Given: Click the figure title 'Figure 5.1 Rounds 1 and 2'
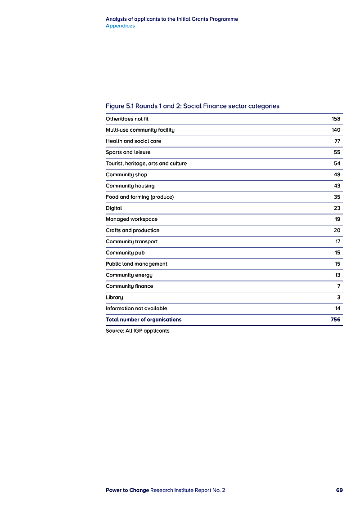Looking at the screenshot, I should [192, 106].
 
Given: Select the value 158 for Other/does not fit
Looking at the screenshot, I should [336, 119].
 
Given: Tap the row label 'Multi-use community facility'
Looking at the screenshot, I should [140, 130].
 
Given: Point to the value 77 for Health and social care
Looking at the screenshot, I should [337, 141].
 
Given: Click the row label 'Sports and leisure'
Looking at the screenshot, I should [128, 152].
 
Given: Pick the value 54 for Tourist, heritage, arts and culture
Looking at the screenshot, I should [337, 164].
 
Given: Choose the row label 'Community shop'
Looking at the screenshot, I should [126, 174].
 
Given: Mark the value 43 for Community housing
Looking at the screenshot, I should [337, 186].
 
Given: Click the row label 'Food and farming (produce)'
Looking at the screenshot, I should [139, 197].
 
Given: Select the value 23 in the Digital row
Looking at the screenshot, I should [337, 208].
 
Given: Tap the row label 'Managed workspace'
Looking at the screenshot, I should [131, 219].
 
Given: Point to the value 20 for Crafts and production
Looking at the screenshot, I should [337, 230].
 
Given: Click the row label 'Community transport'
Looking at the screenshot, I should [131, 241].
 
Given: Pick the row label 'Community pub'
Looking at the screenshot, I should [125, 253].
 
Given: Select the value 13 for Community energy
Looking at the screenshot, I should [337, 275].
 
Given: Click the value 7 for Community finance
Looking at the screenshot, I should [339, 286].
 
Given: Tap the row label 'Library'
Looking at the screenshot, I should [114, 297].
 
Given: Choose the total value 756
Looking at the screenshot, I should [335, 320].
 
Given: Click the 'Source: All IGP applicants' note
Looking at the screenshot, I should [137, 331].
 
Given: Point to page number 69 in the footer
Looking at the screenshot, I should [339, 490].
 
